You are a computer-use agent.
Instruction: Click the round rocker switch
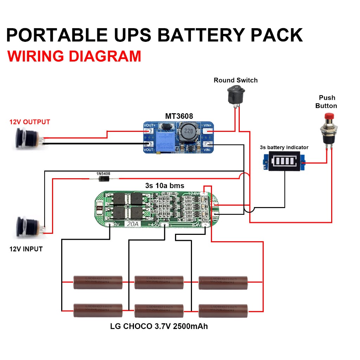(x=234, y=94)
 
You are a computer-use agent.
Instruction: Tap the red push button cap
(x=329, y=116)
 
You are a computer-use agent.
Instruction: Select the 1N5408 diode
(x=103, y=179)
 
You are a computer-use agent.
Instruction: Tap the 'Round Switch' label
(x=236, y=80)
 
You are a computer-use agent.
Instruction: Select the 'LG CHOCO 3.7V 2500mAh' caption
(x=159, y=326)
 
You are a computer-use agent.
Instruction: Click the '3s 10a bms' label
(x=165, y=185)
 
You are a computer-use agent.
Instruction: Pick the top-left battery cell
(x=98, y=282)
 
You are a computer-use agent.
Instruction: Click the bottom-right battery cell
(x=223, y=311)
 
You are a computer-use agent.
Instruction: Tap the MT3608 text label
(x=179, y=116)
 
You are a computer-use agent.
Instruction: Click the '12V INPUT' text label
(x=26, y=249)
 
